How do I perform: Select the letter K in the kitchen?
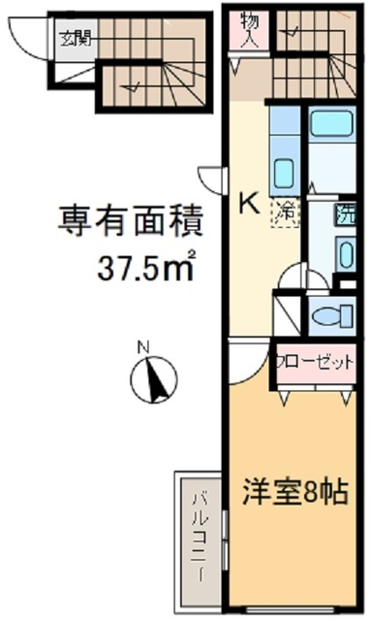coord(248,204)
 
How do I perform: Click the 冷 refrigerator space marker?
coord(289,208)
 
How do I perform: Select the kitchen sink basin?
coord(285,174)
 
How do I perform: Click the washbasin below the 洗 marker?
coord(347,255)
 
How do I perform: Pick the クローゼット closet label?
coord(314,362)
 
